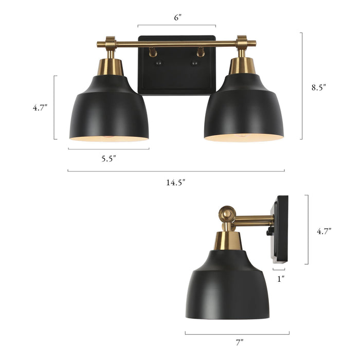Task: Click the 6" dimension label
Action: tap(177, 17)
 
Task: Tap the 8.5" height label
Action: tap(318, 87)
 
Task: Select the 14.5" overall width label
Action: tap(176, 182)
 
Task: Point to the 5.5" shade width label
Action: tap(108, 158)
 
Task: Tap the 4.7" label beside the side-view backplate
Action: tap(323, 231)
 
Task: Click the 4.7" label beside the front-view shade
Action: tap(40, 108)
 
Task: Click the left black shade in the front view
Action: tap(109, 111)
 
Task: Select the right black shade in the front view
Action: tap(244, 111)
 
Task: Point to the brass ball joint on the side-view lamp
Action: tap(226, 213)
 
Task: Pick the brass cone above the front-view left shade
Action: tap(110, 66)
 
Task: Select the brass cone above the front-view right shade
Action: tap(242, 65)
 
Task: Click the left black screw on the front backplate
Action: tap(158, 63)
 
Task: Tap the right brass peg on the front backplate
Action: tap(200, 52)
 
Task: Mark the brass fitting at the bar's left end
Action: tap(110, 43)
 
